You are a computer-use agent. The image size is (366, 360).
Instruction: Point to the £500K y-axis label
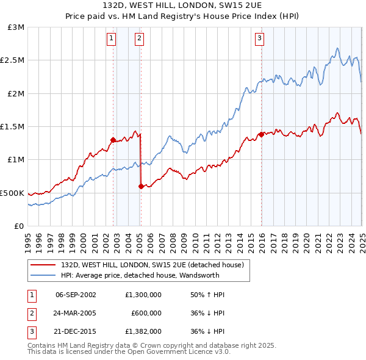(x=12, y=193)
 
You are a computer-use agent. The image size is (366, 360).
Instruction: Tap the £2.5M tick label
(x=13, y=60)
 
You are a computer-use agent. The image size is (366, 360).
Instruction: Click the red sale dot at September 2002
(x=113, y=140)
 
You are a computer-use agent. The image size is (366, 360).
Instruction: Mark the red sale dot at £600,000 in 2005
(x=142, y=186)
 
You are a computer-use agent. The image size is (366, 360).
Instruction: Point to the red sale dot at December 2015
(x=261, y=134)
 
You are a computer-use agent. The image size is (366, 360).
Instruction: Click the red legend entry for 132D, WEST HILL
(x=152, y=265)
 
